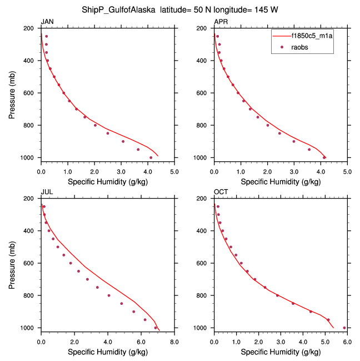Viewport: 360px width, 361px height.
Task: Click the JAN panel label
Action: (x=47, y=22)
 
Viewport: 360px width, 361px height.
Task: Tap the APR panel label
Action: (x=221, y=22)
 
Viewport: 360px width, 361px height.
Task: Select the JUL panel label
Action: (x=46, y=192)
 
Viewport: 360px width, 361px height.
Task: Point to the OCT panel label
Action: (x=221, y=192)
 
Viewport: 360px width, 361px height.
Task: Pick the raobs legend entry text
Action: (x=301, y=47)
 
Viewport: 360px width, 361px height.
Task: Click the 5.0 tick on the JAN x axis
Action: (x=174, y=171)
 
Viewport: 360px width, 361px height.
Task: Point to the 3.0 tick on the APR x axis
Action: (x=294, y=171)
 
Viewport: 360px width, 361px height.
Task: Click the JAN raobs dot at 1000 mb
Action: (x=151, y=157)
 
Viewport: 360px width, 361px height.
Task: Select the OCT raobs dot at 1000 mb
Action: (x=344, y=328)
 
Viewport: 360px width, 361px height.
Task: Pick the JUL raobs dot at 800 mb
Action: (x=109, y=295)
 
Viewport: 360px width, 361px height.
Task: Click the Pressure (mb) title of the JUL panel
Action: (x=13, y=263)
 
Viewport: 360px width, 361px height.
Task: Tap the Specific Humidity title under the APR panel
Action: (x=280, y=182)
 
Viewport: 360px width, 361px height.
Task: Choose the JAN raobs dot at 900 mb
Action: (x=123, y=141)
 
